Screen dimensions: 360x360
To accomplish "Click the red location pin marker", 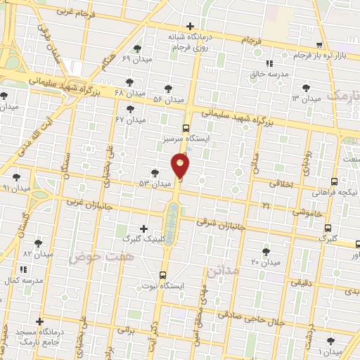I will (x=181, y=167).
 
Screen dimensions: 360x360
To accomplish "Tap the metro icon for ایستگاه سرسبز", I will (x=186, y=128).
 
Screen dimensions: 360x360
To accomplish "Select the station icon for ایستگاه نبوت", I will (x=163, y=274).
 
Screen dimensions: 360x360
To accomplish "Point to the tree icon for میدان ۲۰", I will (x=266, y=251).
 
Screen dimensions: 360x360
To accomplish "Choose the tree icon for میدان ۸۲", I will (x=38, y=243).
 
